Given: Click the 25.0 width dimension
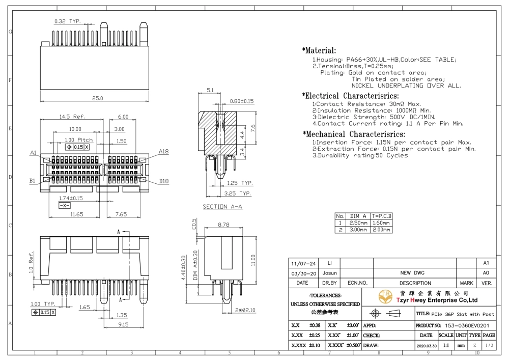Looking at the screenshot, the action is tap(97, 98).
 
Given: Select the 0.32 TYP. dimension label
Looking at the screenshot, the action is tap(68, 21).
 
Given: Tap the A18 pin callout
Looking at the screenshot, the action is tap(163, 152).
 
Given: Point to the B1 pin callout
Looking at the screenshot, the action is tap(33, 181).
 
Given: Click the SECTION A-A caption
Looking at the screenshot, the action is tap(222, 207).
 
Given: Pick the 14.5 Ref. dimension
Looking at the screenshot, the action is tap(72, 117).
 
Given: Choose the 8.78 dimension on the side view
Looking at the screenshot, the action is tap(223, 225).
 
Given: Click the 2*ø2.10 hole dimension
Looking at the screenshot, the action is tap(245, 310).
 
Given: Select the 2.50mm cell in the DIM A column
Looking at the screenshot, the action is tap(358, 223).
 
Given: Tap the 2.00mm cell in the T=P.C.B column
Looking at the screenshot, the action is tap(381, 230).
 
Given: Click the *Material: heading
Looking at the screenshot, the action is tap(319, 50).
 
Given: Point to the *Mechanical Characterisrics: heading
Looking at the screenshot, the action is tap(354, 134).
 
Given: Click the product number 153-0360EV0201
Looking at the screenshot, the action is tap(467, 325).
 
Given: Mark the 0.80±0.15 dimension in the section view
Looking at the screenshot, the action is tap(242, 101).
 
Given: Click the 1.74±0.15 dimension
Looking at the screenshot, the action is tap(71, 199).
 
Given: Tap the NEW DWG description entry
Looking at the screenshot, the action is tap(412, 273).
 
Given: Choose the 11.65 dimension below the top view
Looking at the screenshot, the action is tap(77, 214).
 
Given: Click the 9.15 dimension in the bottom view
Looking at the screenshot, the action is tap(123, 325).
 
